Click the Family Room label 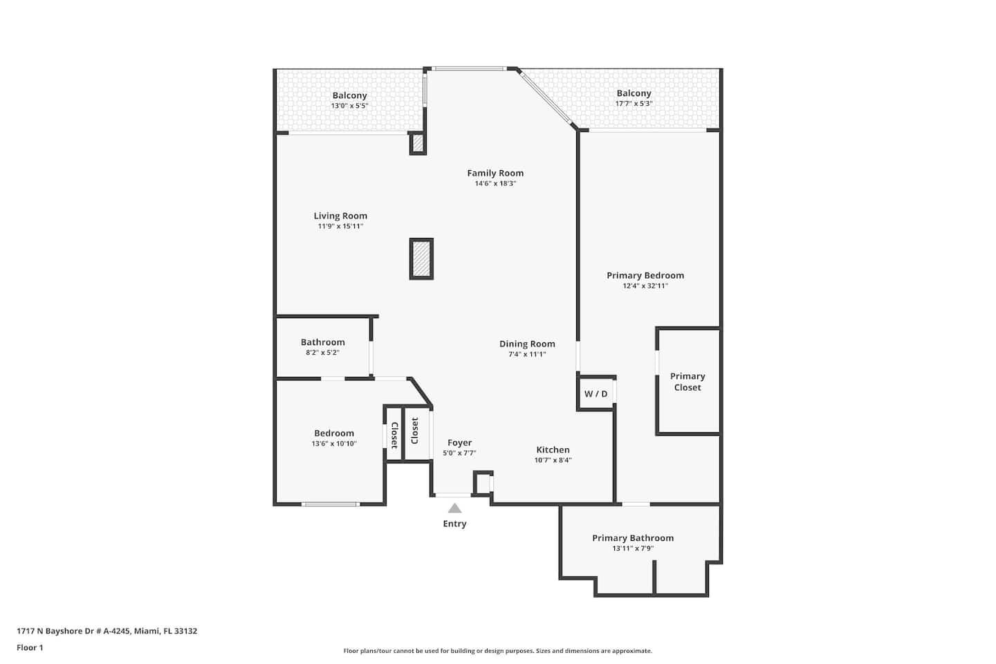point(495,173)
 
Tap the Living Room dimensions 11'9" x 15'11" point(340,226)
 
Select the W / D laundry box point(596,394)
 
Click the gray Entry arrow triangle point(454,508)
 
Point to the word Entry point(454,524)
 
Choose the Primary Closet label point(688,382)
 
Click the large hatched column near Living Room point(421,259)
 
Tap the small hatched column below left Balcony point(418,143)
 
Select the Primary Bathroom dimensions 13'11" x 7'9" point(633,548)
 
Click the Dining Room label point(527,344)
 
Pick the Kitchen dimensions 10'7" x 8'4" point(553,461)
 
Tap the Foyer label point(459,443)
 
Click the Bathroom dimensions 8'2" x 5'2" point(322,353)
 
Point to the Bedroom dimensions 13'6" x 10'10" point(334,443)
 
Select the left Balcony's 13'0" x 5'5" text point(349,106)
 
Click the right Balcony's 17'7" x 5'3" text point(634,104)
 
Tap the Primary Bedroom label point(645,275)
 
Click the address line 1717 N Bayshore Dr point(107,631)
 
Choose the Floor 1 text point(30,647)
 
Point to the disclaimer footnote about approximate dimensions point(497,651)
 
